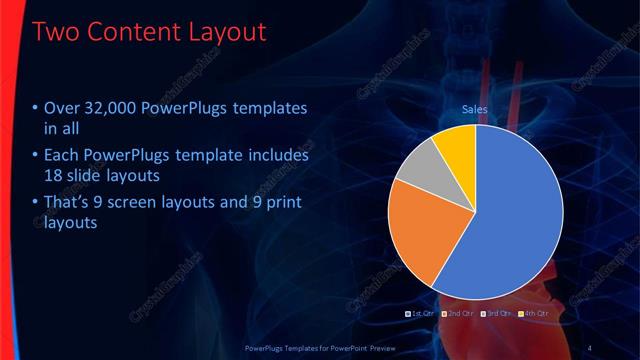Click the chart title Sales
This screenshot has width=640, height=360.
coord(475,108)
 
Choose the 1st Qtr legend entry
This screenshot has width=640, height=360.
coord(422,315)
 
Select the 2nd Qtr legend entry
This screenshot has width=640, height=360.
coord(459,315)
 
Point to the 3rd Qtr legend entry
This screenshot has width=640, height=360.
coord(496,315)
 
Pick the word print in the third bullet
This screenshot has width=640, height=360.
coord(281,204)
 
